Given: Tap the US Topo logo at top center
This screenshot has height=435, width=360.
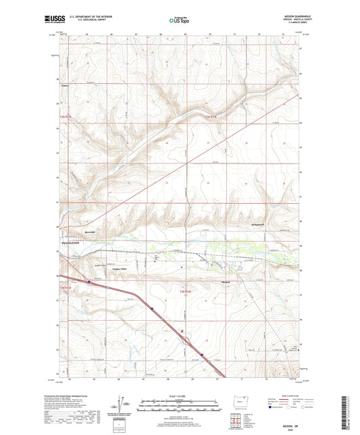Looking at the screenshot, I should [x=178, y=20].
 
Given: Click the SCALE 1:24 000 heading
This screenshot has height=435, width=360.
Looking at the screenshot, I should [x=179, y=396].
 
